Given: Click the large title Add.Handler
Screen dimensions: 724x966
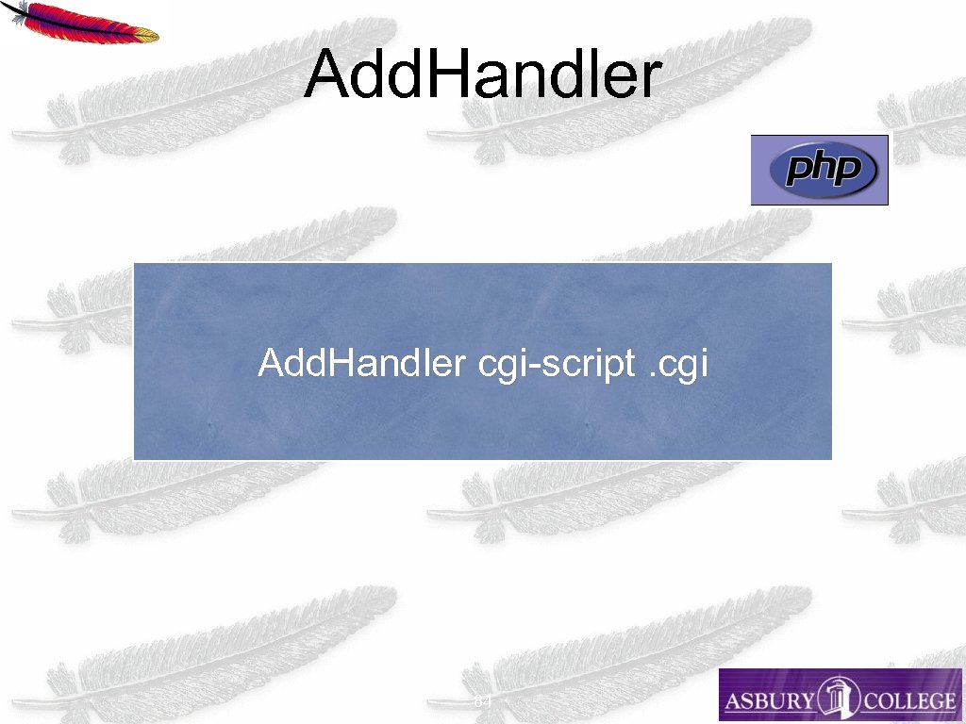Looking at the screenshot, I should point(482,74).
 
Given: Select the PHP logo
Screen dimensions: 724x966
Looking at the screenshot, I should point(819,170).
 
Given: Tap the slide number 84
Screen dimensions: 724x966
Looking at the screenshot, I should point(482,702).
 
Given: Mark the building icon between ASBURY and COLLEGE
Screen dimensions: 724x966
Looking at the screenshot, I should point(837,696).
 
